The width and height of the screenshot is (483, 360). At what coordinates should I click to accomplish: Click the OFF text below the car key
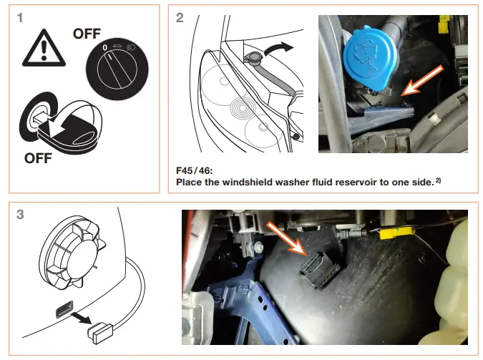40,157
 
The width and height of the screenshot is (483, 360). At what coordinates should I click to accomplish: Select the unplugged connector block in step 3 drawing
99,331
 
